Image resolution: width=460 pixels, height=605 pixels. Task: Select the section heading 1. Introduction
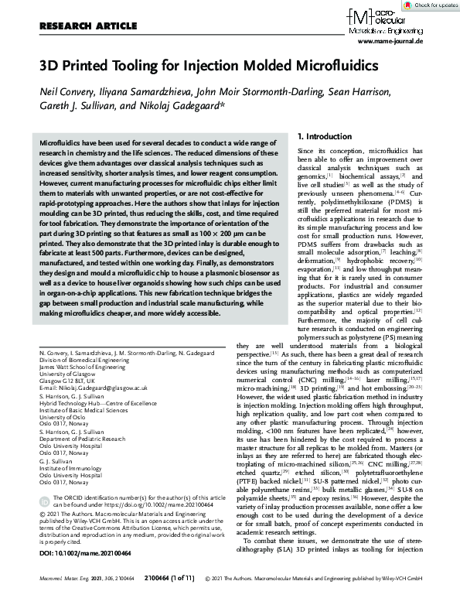303,137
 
